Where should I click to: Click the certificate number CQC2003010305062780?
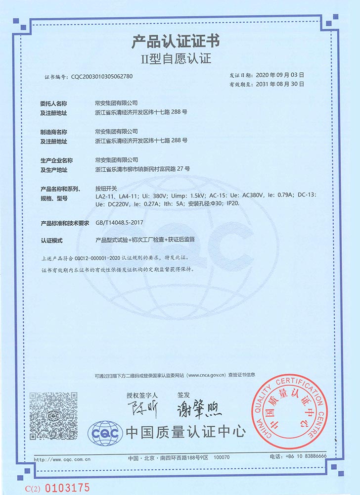point(102,77)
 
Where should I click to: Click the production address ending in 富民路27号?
point(142,169)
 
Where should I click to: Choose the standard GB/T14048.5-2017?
point(119,223)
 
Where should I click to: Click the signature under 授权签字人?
point(141,410)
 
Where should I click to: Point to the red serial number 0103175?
point(67,487)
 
